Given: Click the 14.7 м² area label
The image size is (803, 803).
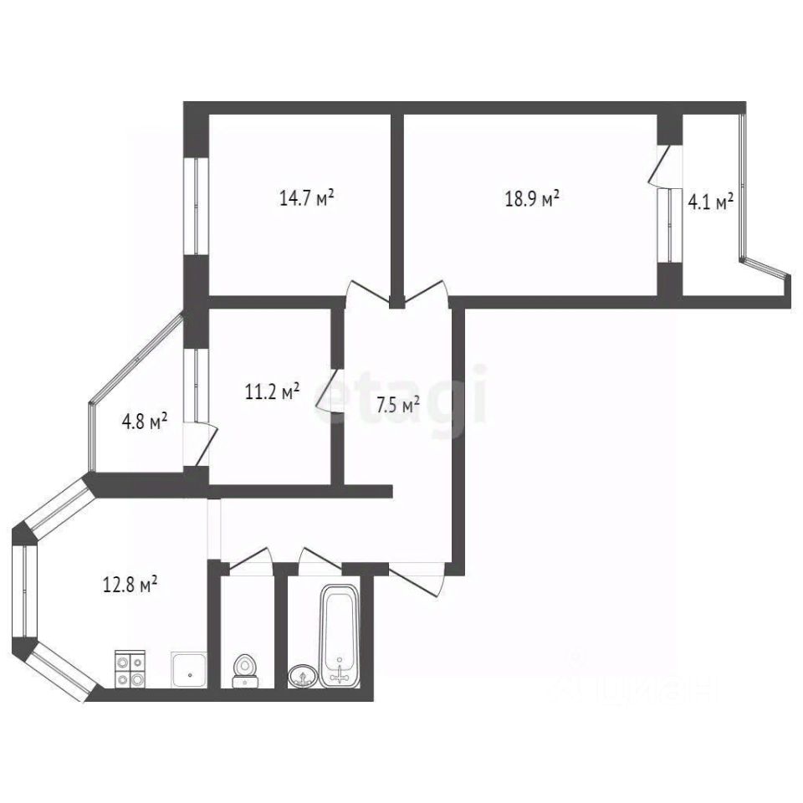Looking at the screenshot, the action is click(306, 198).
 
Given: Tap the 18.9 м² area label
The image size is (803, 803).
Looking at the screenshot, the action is click(531, 200).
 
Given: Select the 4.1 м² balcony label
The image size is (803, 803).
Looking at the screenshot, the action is click(710, 201).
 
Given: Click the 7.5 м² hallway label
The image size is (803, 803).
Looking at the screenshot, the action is click(397, 406).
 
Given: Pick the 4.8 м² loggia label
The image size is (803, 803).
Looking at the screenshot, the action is click(145, 421).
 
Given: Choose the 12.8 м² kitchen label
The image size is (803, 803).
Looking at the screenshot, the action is click(131, 586).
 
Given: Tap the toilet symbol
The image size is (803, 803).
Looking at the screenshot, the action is click(245, 669).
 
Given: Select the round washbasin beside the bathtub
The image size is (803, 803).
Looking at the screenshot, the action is click(302, 674).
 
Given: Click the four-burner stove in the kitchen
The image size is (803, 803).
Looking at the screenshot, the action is click(130, 669).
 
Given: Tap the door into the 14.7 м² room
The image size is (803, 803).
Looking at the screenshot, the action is click(368, 295).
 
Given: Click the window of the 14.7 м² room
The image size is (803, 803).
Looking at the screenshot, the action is click(197, 205).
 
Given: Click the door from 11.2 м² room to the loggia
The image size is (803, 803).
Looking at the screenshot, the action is click(202, 443).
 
